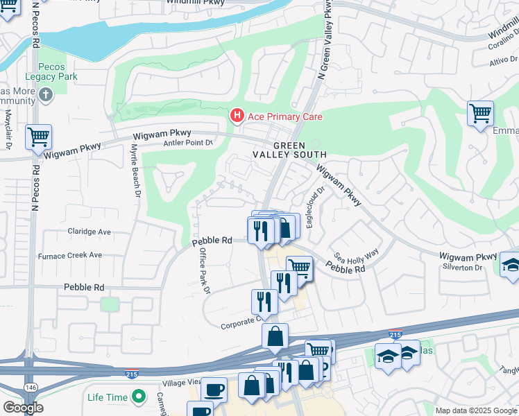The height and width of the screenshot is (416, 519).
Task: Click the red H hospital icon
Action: point(237,114)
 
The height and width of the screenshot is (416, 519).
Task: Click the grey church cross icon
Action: point(46,94)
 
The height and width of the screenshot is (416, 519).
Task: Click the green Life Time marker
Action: point(139,397)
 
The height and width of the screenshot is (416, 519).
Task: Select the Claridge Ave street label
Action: point(89,232)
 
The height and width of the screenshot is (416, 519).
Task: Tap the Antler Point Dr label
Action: point(187,143)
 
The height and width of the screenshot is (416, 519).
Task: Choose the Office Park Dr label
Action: point(204,271)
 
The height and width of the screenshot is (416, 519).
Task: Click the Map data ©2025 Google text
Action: point(475,410)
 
